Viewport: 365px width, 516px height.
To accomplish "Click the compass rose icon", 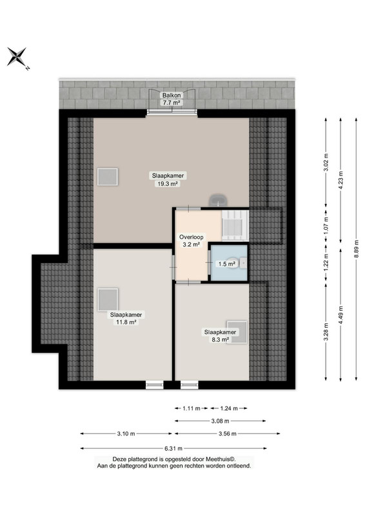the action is coord(17,57).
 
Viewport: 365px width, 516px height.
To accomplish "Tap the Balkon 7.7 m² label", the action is coord(172,99).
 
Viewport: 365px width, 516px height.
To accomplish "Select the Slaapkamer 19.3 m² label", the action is coord(168,180).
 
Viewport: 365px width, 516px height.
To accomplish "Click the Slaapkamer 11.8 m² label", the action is coord(126,319).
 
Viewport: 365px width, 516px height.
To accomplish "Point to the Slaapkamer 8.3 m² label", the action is coord(220,336).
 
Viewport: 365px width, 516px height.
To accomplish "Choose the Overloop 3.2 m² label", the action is coord(192,241).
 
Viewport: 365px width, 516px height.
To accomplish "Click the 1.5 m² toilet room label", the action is coord(226,264).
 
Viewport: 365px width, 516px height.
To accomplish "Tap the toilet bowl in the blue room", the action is coord(233,263).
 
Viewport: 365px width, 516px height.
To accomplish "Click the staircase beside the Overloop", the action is coord(235,225).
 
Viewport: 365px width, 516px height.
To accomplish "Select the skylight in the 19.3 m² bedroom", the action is coord(107,177).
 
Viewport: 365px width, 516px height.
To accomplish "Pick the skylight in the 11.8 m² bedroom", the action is coord(108,299).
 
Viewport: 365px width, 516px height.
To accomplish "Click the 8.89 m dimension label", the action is coord(357,249).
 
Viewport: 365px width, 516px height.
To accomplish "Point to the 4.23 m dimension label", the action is coord(340,179).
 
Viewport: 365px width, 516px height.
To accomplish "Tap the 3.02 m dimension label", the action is coord(326,163).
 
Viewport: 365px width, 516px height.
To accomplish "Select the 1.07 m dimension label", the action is coord(326,225).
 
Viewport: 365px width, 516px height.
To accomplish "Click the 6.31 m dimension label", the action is coord(173,448).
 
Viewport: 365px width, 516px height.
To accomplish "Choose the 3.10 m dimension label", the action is coord(126,433).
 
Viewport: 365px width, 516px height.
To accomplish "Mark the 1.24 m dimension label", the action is coord(229,408).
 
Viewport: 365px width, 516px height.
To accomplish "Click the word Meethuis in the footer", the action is coord(221,459).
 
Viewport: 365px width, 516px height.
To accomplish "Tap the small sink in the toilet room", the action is coord(243,263).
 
